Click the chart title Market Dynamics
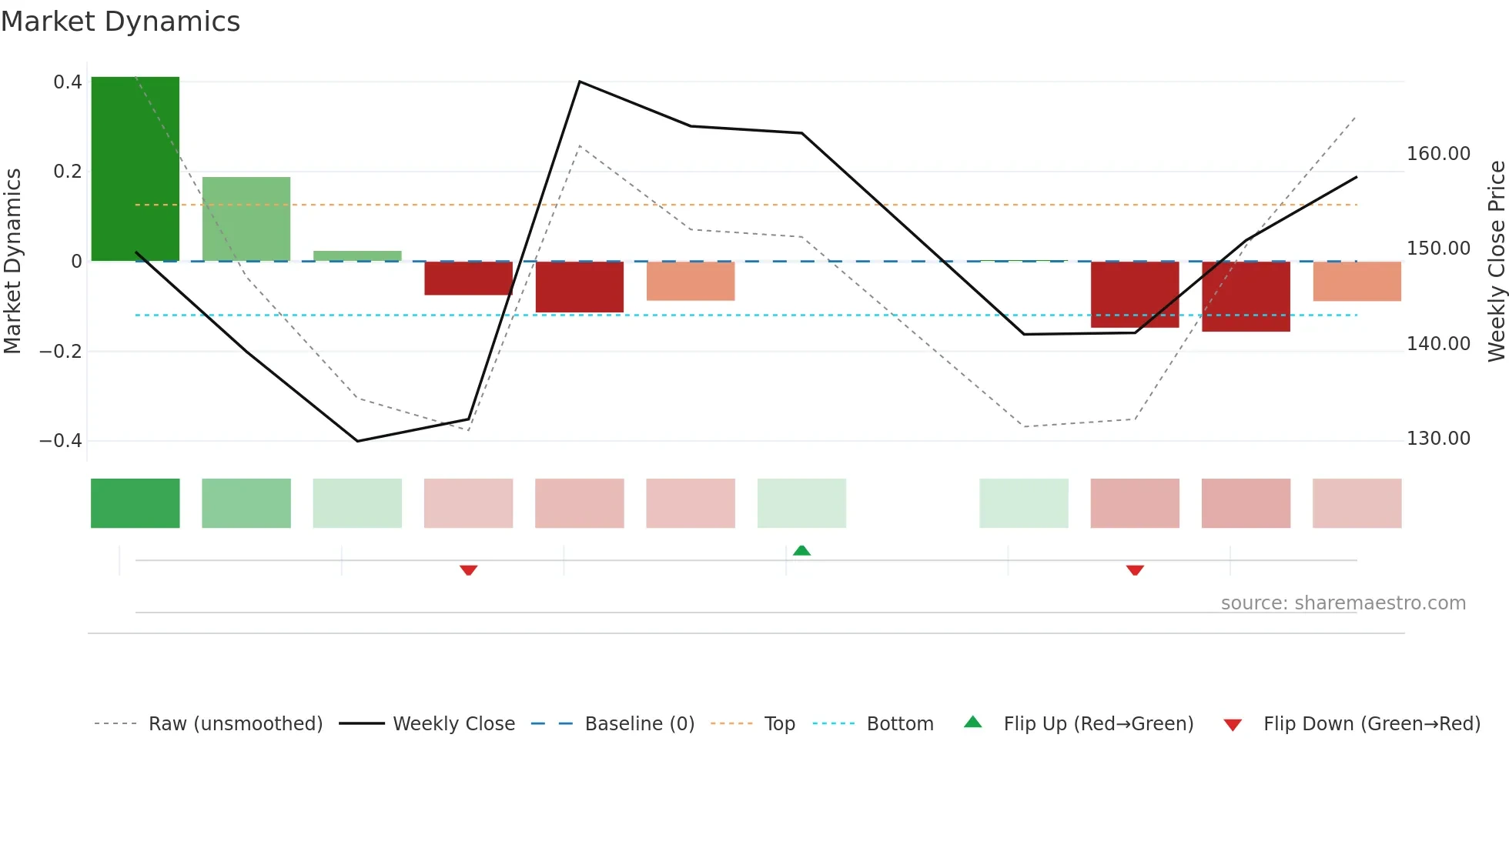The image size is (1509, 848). point(121,22)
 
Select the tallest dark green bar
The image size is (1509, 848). point(136,169)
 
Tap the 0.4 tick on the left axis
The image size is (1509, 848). point(68,82)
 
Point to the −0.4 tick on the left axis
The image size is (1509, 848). point(61,441)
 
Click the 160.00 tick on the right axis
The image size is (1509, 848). point(1438,154)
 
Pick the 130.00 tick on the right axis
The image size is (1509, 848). point(1438,439)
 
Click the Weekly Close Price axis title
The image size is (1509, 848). point(1496,261)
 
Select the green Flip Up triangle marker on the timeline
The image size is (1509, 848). point(801,550)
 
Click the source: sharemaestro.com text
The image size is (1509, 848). point(1343,603)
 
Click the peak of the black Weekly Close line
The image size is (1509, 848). point(580,82)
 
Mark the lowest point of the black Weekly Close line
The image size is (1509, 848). point(358,441)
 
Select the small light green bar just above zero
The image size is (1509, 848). point(357,255)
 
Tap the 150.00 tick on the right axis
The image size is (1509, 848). point(1438,249)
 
